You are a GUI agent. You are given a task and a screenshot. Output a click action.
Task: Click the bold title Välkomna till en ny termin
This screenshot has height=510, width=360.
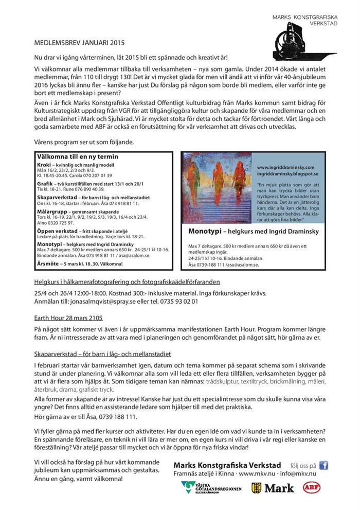tap(78, 156)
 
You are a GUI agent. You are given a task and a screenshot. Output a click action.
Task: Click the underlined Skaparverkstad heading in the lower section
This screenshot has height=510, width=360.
tap(102, 355)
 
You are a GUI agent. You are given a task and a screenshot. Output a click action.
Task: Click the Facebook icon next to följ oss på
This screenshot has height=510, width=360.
tap(324, 465)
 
